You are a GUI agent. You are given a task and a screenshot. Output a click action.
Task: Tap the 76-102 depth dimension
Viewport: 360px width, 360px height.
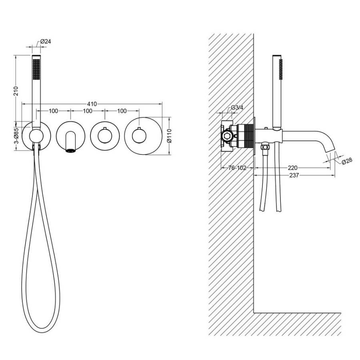tap(237, 168)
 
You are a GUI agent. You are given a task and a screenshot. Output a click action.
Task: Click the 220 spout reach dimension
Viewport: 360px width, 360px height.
tap(292, 168)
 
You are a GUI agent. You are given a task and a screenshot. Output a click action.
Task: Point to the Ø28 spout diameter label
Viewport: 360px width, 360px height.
tap(346, 161)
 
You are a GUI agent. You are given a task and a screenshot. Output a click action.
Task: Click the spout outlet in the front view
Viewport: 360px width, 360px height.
tap(70, 150)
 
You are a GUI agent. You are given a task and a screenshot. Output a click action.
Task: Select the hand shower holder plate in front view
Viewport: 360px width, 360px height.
tap(36, 136)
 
